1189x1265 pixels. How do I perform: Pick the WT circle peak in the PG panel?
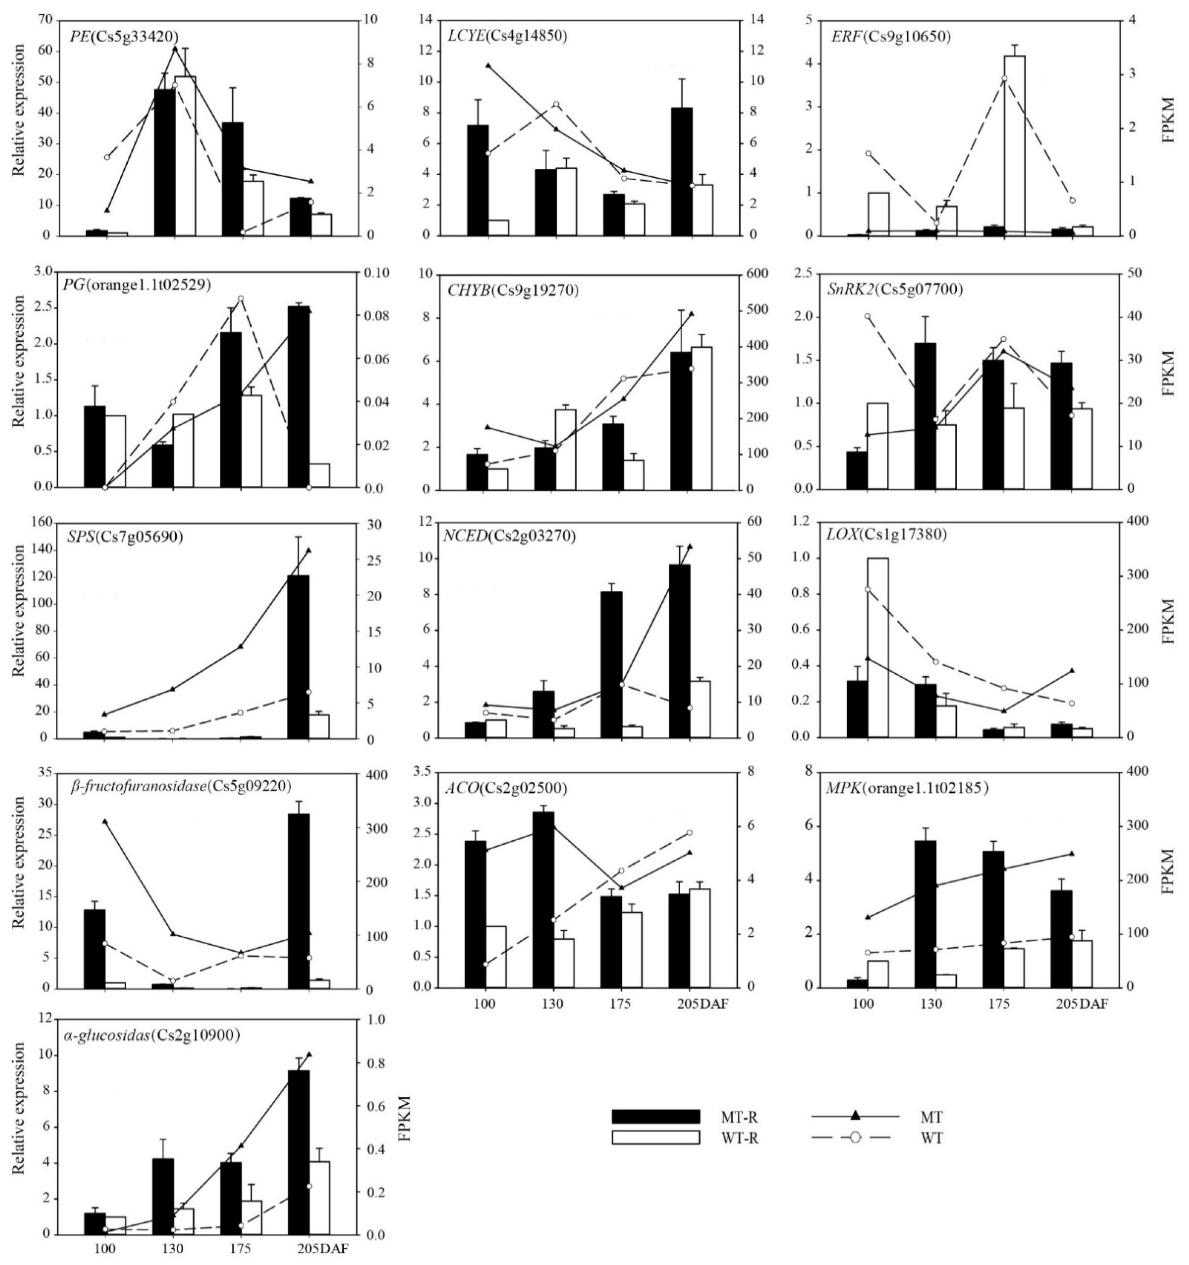(x=240, y=298)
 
